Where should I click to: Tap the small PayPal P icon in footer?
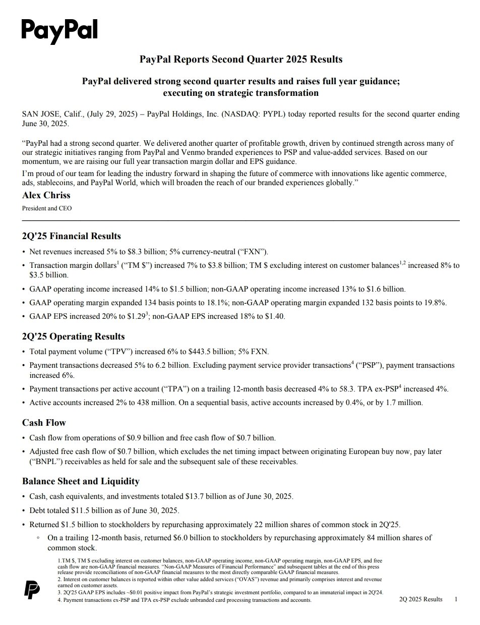pos(33,589)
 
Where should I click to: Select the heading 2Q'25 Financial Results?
pos(71,236)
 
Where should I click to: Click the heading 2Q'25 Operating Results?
pos(73,336)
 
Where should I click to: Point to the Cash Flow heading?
pos(44,423)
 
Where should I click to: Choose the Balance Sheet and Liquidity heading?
pos(81,481)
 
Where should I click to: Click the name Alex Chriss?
pos(46,195)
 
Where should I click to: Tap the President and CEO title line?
pos(47,208)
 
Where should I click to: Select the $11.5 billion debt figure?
pos(89,510)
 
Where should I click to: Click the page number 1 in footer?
pos(456,599)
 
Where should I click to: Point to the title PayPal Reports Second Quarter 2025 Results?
pos(241,60)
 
